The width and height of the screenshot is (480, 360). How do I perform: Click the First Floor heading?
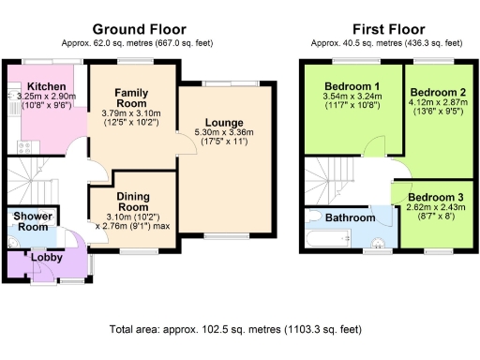[384, 30]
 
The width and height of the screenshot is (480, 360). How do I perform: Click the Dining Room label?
[132, 201]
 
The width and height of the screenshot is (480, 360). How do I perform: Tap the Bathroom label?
[349, 217]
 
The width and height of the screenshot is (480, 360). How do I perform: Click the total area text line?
[234, 330]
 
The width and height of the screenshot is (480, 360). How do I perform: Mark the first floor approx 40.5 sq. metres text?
[384, 42]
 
